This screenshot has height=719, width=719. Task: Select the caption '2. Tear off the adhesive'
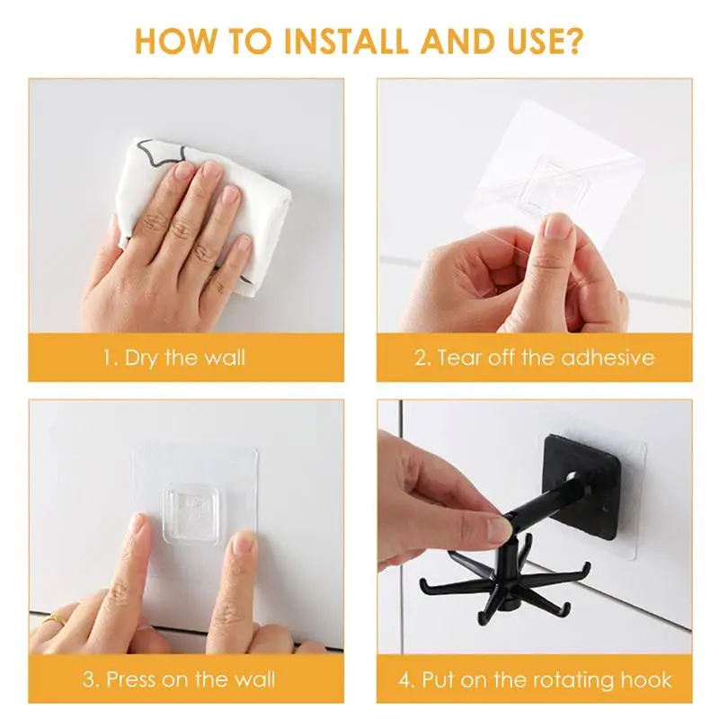click(x=534, y=358)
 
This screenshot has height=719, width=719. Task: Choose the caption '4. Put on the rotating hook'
click(x=534, y=679)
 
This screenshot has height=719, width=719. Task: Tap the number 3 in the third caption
click(x=90, y=679)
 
